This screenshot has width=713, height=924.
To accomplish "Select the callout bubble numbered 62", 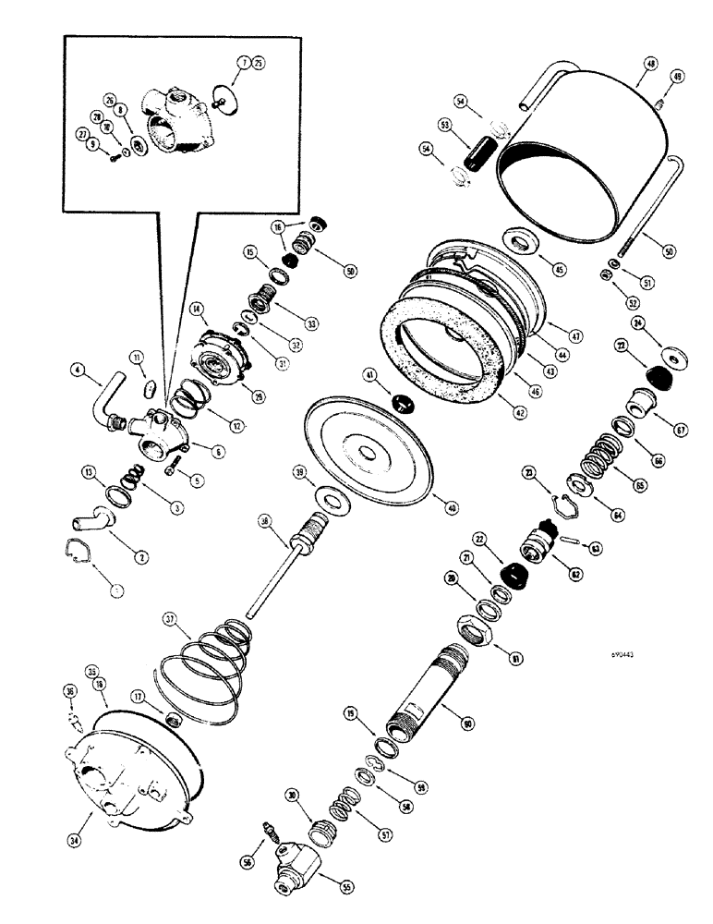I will pos(576,574).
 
